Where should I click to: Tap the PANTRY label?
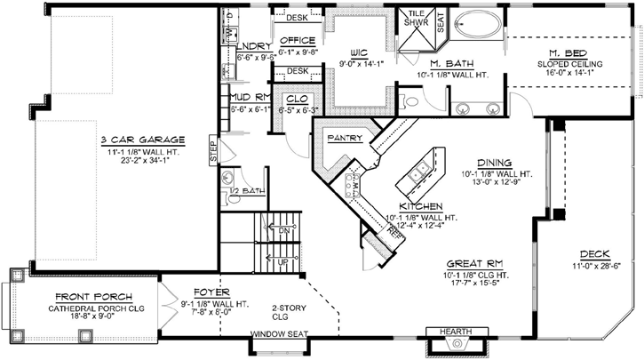tap(342, 139)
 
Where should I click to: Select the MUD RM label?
tap(249, 99)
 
